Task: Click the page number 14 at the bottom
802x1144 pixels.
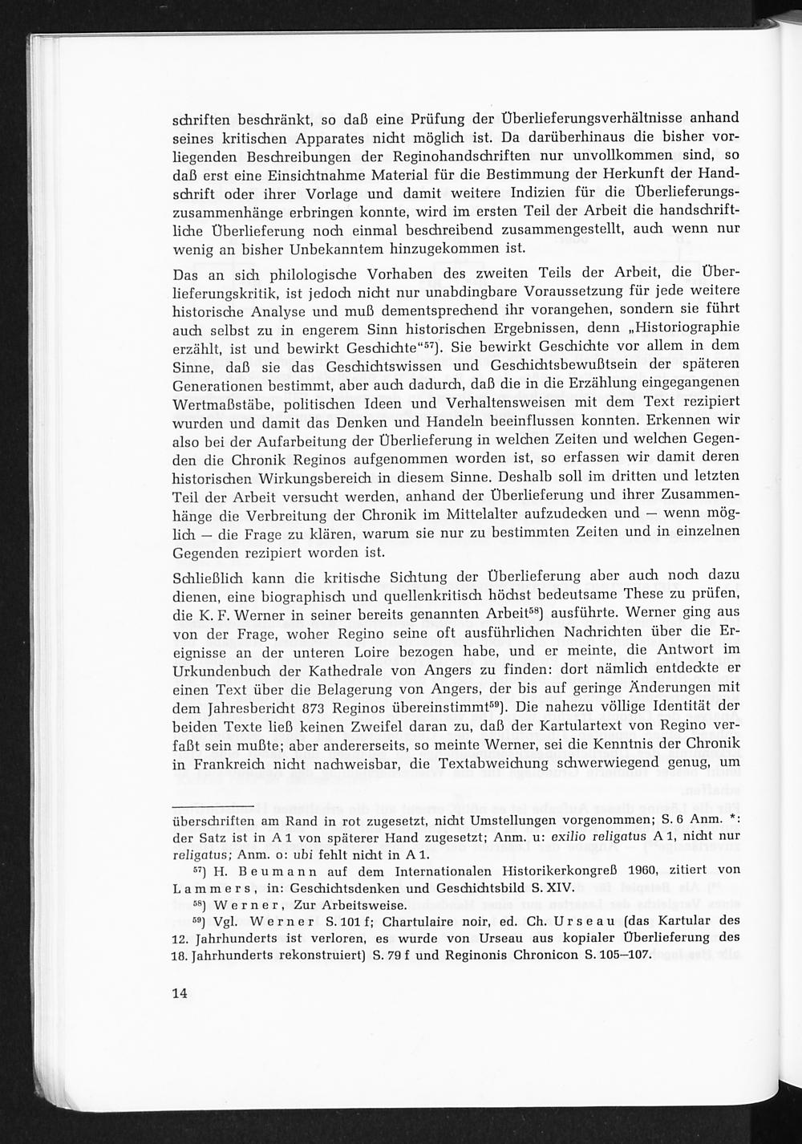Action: point(179,993)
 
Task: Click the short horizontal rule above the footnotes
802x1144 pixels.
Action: point(213,805)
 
